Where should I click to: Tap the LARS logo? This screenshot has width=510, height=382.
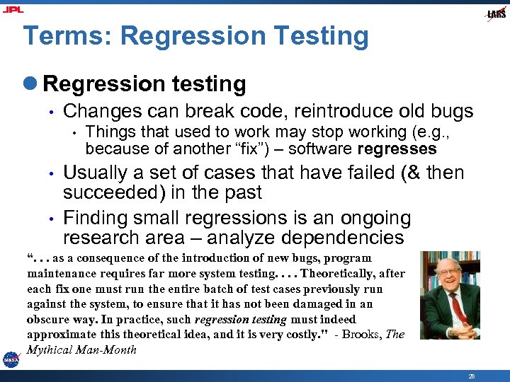coord(496,14)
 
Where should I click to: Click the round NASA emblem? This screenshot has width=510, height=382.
coord(11,359)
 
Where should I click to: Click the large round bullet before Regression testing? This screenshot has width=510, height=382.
coord(33,84)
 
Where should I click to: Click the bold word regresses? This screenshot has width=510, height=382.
coord(397,149)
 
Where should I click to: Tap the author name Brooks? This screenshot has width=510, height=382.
coord(362,334)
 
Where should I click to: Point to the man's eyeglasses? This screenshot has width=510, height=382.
coord(450,272)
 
